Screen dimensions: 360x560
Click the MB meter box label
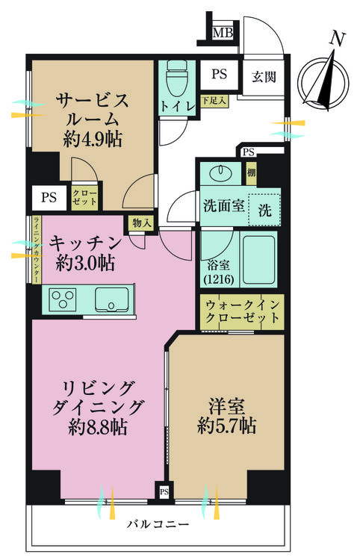click(x=223, y=33)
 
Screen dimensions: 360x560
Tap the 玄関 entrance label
click(x=264, y=76)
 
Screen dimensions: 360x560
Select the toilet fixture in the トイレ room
click(x=177, y=78)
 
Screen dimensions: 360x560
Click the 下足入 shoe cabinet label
click(x=214, y=101)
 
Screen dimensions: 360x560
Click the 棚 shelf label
click(x=251, y=173)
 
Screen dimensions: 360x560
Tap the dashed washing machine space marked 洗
click(x=264, y=210)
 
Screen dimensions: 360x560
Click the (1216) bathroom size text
click(x=219, y=279)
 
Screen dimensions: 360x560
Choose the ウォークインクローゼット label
click(x=242, y=311)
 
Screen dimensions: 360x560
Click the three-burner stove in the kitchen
click(x=64, y=299)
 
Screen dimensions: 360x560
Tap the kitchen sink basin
click(x=112, y=299)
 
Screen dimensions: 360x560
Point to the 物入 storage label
click(x=142, y=223)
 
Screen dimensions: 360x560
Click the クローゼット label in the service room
click(x=84, y=197)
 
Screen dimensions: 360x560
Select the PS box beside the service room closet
click(x=49, y=197)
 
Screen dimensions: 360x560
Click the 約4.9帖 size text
click(x=92, y=139)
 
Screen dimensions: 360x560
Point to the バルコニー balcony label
click(x=158, y=524)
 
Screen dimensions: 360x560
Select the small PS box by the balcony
click(x=164, y=492)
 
